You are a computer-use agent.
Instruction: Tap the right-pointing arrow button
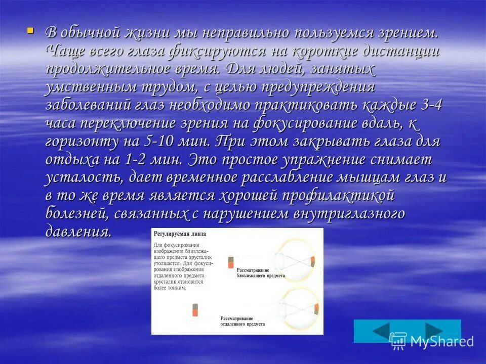433,331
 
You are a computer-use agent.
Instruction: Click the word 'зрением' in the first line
406,33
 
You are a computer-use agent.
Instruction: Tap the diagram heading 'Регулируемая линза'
179,235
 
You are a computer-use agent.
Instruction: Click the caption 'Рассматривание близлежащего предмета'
260,275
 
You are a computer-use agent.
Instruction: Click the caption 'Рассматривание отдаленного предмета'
243,322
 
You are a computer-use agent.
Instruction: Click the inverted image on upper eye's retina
313,262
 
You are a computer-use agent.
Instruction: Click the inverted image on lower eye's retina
316,309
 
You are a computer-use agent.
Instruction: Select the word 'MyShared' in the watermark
441,341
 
